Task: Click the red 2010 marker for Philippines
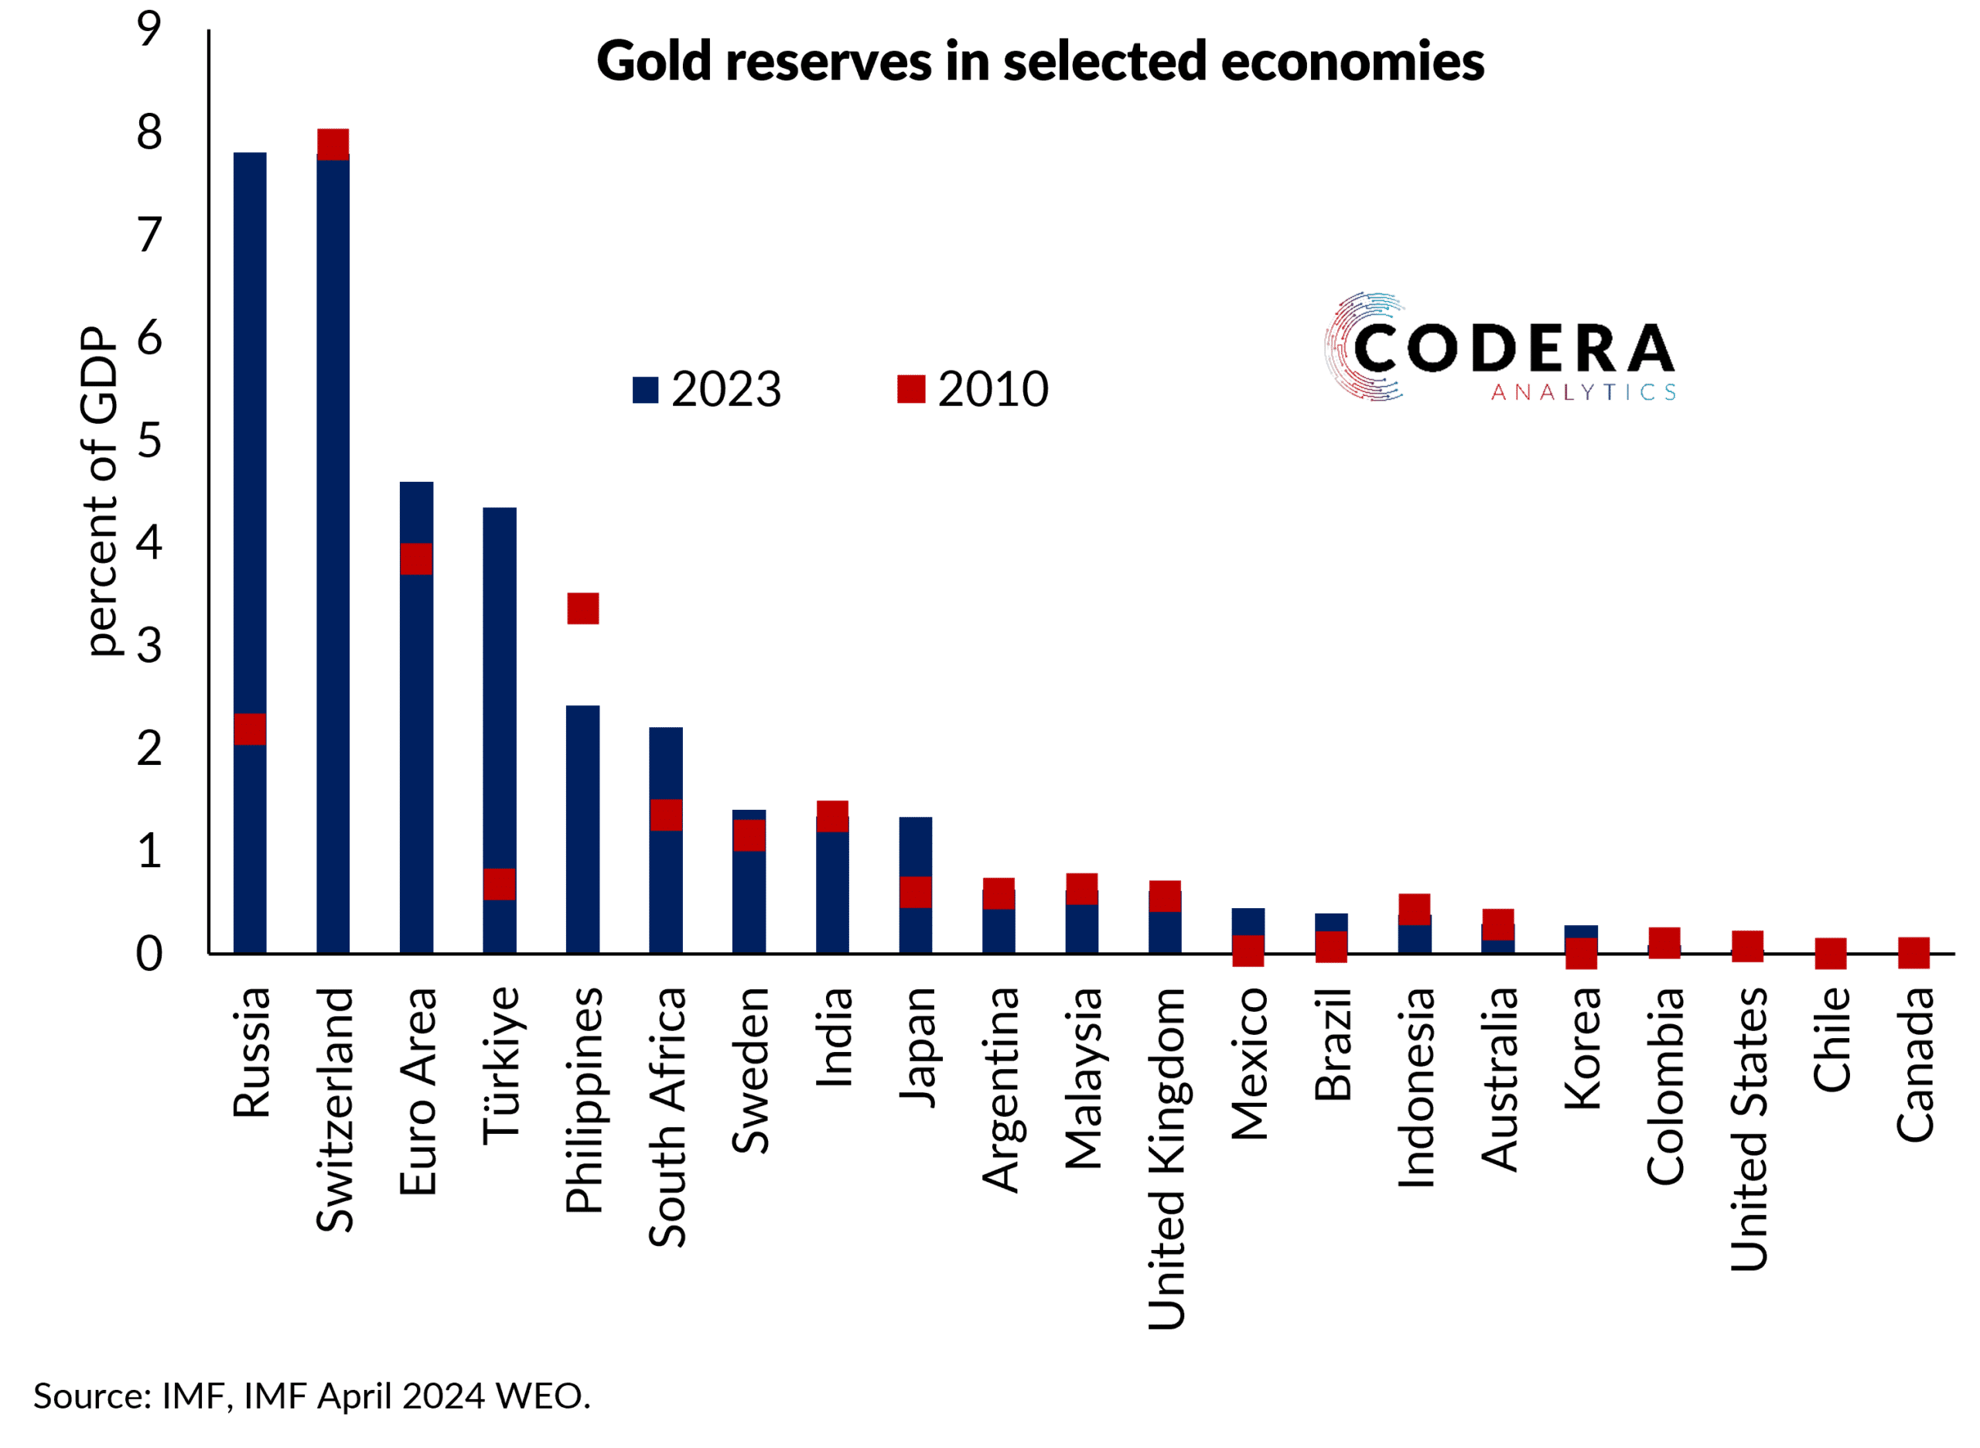(583, 608)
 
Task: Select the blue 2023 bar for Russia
(250, 439)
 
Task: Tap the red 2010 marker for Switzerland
(333, 144)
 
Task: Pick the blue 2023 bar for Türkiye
(500, 684)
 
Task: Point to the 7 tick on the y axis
(150, 236)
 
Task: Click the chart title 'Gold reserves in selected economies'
(1039, 61)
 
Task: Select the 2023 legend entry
(706, 389)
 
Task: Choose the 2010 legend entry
(973, 389)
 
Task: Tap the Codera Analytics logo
(1500, 348)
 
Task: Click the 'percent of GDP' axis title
(99, 491)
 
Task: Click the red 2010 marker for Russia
(250, 729)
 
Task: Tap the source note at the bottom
(312, 1396)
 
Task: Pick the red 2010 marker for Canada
(1913, 953)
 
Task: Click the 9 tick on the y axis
(150, 30)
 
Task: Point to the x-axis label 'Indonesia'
(1416, 1088)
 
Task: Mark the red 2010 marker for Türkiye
(500, 884)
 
